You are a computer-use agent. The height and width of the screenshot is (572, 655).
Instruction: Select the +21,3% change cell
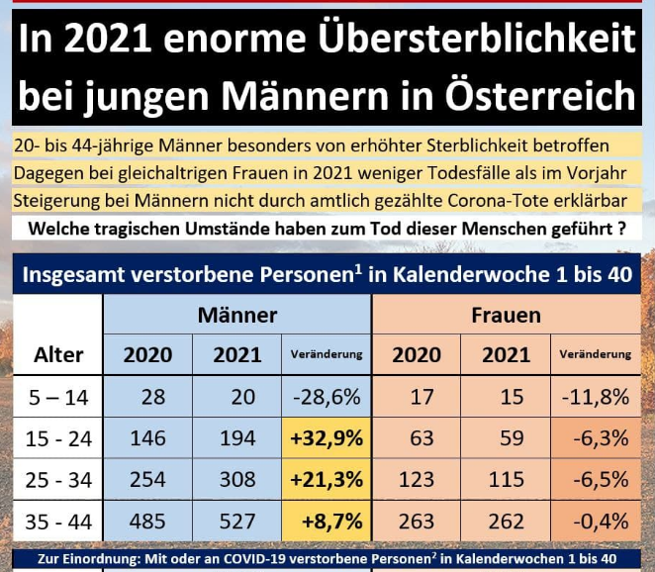pyautogui.click(x=326, y=480)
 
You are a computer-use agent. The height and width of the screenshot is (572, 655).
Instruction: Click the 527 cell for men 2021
pyautogui.click(x=237, y=519)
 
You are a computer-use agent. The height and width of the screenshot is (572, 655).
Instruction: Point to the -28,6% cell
pyautogui.click(x=326, y=397)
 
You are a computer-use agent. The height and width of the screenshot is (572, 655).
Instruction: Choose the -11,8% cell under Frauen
pyautogui.click(x=596, y=397)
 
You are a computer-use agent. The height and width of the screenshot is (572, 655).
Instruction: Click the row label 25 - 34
pyautogui.click(x=58, y=480)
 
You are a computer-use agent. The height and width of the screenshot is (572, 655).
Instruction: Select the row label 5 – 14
pyautogui.click(x=58, y=397)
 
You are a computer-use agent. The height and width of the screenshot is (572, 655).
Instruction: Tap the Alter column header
pyautogui.click(x=58, y=354)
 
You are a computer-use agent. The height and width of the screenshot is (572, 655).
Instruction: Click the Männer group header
pyautogui.click(x=237, y=316)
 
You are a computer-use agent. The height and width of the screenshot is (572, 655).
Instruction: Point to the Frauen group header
pyautogui.click(x=507, y=316)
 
